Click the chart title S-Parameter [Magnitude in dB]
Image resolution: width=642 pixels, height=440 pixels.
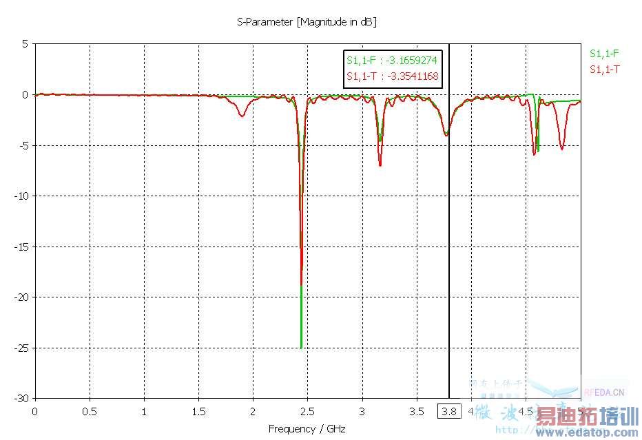[x=307, y=22]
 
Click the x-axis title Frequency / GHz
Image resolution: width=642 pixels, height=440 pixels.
[x=307, y=428]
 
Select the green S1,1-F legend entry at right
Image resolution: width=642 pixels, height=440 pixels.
[x=604, y=53]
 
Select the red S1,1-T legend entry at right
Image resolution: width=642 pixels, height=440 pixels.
[x=604, y=69]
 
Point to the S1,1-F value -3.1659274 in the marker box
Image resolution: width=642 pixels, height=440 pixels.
[x=392, y=60]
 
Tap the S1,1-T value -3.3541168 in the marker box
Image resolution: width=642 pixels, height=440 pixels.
[x=392, y=76]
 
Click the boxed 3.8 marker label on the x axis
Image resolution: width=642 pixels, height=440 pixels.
[x=449, y=412]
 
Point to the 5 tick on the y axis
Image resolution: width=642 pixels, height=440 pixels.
[x=24, y=43]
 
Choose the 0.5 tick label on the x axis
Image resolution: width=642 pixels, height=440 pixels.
[x=90, y=412]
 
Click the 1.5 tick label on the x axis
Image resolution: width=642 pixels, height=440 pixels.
[x=198, y=412]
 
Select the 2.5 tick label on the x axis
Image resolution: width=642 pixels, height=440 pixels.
[x=307, y=412]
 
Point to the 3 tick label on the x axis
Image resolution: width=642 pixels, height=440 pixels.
[x=362, y=412]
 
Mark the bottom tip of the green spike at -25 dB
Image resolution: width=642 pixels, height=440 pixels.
[x=301, y=347]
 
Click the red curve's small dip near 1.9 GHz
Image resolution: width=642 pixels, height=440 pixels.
[x=242, y=116]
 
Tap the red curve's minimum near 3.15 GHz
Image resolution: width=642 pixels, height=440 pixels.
[x=380, y=165]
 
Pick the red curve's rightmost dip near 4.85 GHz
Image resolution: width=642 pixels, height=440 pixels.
[x=562, y=149]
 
